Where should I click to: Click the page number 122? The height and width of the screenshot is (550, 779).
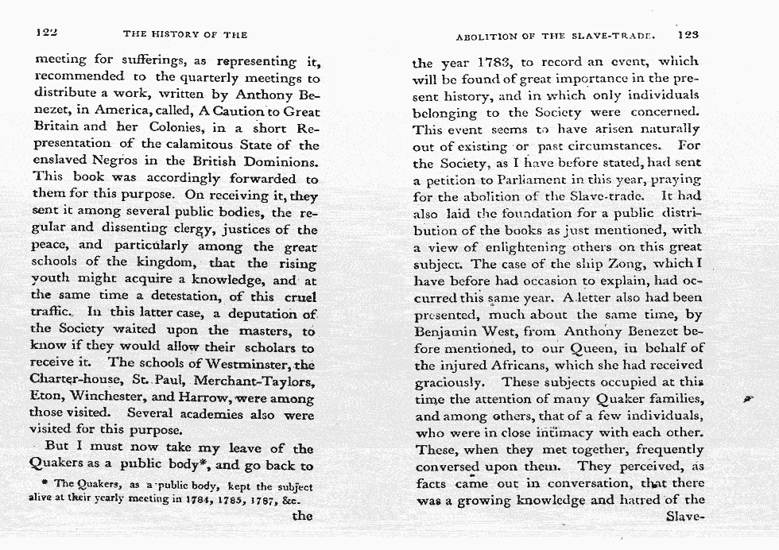(x=49, y=34)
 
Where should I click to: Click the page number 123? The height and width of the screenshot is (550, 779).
(x=688, y=35)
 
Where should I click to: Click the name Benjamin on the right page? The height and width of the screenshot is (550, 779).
(x=449, y=331)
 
